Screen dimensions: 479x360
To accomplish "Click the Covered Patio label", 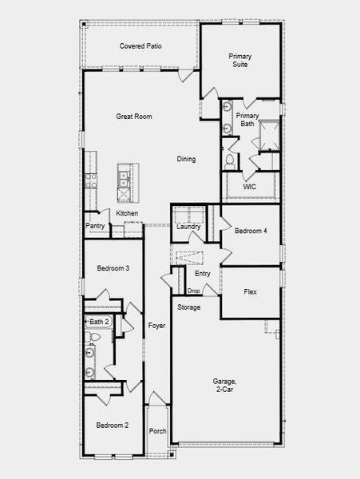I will [x=140, y=46].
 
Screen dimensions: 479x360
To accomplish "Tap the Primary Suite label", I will [x=239, y=60].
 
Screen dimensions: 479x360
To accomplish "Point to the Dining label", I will [x=186, y=159].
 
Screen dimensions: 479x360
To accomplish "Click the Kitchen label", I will [x=127, y=213].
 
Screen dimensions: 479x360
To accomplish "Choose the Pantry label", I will [x=96, y=226].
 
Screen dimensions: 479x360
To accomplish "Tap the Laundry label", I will [x=188, y=226].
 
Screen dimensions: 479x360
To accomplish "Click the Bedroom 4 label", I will [x=251, y=231].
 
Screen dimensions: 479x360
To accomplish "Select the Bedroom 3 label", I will [x=113, y=268].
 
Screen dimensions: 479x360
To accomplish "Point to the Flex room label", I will [x=250, y=291].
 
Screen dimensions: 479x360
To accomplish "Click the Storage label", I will [x=188, y=307].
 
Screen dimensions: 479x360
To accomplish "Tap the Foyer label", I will [x=156, y=326].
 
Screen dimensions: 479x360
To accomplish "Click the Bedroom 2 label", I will [x=113, y=426].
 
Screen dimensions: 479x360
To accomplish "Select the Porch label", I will [x=157, y=431].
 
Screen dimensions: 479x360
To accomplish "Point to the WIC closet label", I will [x=249, y=187].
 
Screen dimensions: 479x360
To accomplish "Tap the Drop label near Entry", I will [x=194, y=291].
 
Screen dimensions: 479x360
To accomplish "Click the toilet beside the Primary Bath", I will [x=229, y=160].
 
